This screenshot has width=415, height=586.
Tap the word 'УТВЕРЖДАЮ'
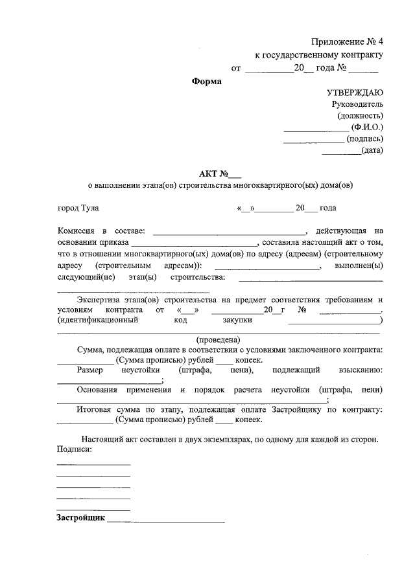(355, 93)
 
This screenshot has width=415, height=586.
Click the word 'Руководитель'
(357, 104)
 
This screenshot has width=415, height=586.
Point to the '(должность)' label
(361, 115)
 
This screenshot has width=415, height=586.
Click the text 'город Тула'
(78, 208)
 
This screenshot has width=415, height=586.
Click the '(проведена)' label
(219, 340)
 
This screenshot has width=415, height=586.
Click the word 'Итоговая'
(95, 409)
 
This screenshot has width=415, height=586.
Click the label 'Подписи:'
(74, 449)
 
